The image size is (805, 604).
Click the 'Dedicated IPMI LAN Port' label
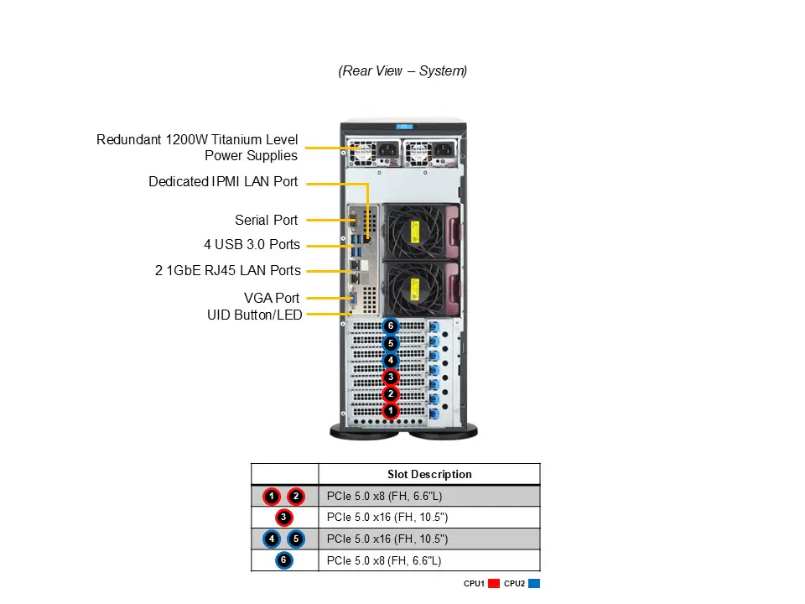(x=223, y=181)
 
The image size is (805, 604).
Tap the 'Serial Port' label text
(x=266, y=221)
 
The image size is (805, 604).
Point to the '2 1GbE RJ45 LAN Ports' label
(x=228, y=271)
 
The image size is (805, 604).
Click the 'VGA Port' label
(x=272, y=298)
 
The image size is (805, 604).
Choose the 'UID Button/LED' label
(x=255, y=315)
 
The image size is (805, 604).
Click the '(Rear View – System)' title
(x=402, y=71)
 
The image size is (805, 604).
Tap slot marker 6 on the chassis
(x=390, y=325)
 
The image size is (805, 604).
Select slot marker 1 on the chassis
(x=390, y=411)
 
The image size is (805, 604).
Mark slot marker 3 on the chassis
(x=390, y=377)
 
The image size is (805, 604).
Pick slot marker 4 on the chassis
(x=390, y=360)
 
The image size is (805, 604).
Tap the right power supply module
(x=430, y=153)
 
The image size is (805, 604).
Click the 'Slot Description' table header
(x=429, y=474)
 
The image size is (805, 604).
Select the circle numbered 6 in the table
(x=284, y=560)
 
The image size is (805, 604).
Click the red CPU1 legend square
(x=494, y=584)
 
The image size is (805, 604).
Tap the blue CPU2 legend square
(x=534, y=584)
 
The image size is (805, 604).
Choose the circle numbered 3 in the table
(x=284, y=518)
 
